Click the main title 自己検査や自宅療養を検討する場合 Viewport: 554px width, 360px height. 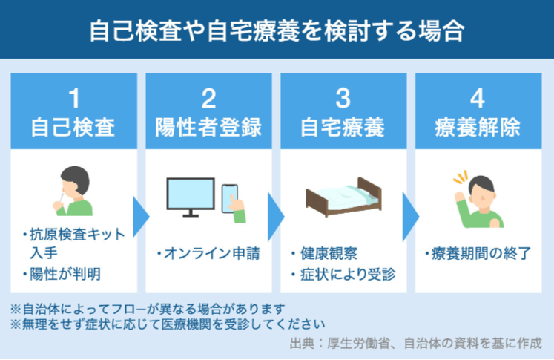click(277, 31)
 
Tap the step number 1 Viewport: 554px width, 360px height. click(74, 99)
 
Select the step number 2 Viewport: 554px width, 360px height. click(208, 99)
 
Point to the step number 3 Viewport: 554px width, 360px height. click(343, 99)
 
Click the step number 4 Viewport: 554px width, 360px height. click(478, 99)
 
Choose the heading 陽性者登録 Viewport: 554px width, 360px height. click(208, 128)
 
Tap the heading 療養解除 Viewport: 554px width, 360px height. click(478, 128)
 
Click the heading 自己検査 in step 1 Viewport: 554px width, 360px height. click(73, 128)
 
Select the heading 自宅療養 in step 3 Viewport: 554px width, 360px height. click(343, 128)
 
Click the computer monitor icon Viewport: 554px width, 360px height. click(191, 197)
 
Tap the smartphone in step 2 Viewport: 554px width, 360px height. click(229, 198)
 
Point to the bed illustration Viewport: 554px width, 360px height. click(343, 197)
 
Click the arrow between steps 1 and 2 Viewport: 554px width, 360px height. click(141, 217)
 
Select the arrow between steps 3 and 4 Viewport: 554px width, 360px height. click(410, 217)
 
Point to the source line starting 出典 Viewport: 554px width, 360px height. click(415, 343)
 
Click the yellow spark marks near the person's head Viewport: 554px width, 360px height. click(461, 177)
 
